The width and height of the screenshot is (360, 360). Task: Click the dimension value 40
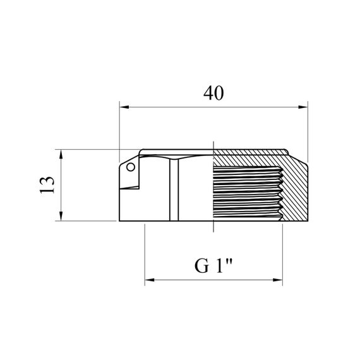[x=213, y=93]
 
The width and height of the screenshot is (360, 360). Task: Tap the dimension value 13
[x=47, y=185]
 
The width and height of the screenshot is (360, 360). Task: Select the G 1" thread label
[x=213, y=266]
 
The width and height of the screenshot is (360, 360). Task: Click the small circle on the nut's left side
[x=131, y=167]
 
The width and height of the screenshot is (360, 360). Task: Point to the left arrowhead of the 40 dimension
[x=124, y=107]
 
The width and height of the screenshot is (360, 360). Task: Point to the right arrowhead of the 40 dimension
[x=303, y=107]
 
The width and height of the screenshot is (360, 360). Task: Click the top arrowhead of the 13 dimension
[x=61, y=154]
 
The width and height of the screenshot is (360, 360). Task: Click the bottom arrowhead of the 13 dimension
[x=61, y=216]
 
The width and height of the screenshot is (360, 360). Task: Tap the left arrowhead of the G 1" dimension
[x=150, y=280]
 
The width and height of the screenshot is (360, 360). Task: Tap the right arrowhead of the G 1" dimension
[x=277, y=280]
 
